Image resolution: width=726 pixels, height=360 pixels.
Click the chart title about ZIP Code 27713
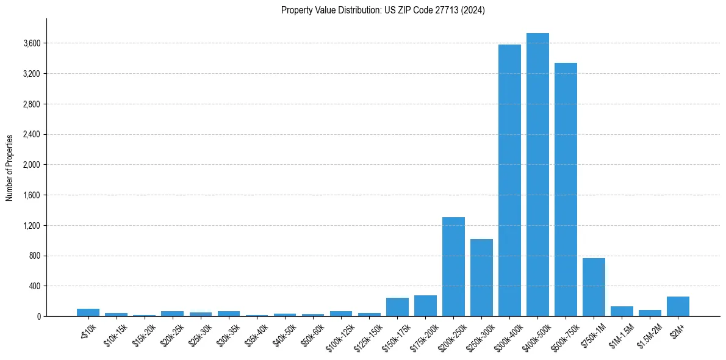(x=383, y=10)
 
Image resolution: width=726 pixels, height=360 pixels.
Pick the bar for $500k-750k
(x=566, y=190)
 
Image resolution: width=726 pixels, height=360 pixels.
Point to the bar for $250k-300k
(x=481, y=278)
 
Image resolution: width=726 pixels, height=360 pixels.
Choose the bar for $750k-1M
(x=594, y=287)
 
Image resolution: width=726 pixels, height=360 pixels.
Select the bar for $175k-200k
(x=425, y=306)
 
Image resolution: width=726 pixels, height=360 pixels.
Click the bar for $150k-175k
(x=397, y=307)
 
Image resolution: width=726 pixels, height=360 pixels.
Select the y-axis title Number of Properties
(x=10, y=168)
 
